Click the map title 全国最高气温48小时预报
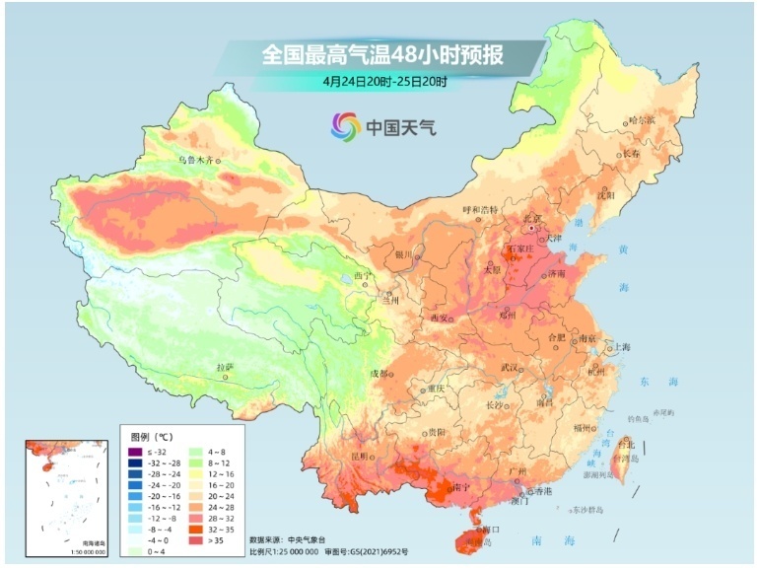[x=382, y=54]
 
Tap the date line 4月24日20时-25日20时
[x=382, y=81]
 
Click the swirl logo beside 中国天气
[x=346, y=126]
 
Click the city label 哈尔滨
[x=642, y=119]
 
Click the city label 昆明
[x=362, y=457]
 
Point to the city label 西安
[x=440, y=319]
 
